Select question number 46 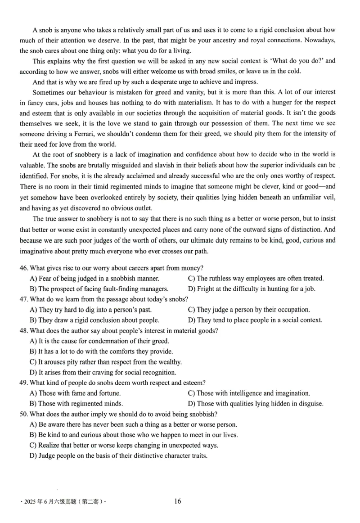[24, 268]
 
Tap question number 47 [24, 299]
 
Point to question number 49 [24, 383]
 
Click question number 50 [24, 414]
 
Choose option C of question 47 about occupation [248, 310]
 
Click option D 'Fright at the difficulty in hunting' [251, 289]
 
